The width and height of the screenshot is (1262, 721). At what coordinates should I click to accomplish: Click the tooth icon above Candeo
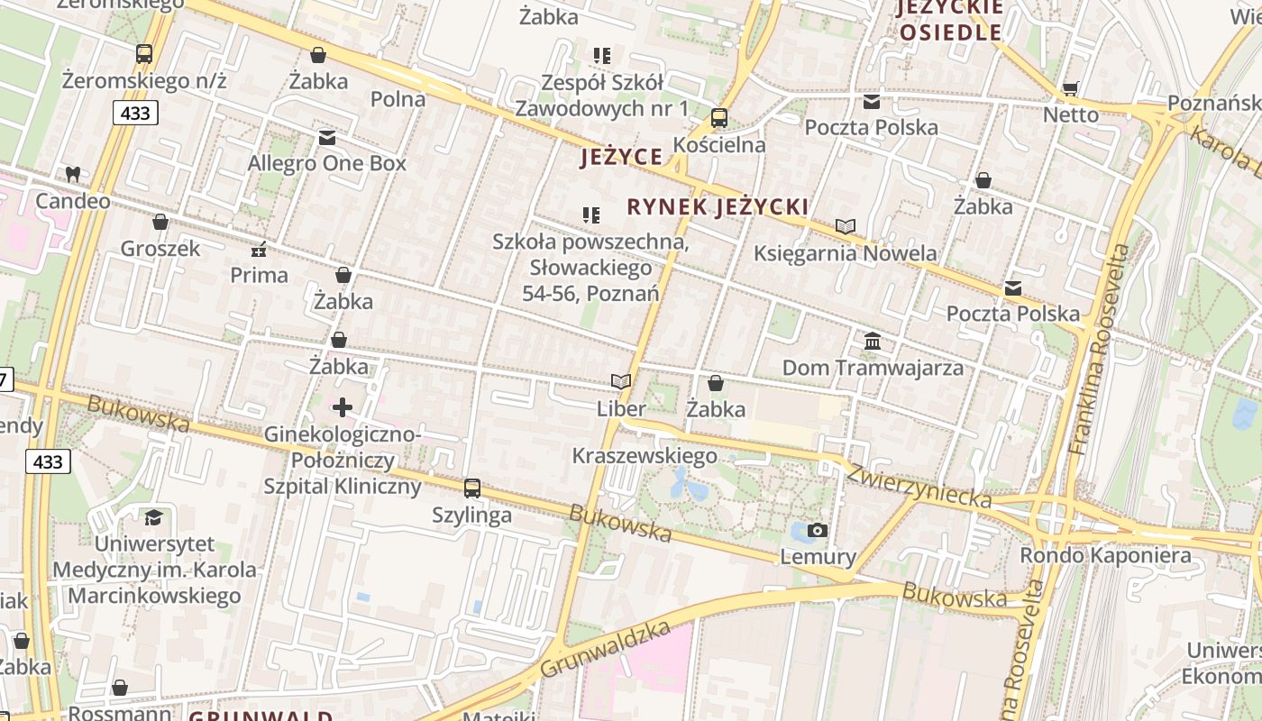[x=72, y=174]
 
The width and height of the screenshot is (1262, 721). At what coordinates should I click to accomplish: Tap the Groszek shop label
[x=160, y=248]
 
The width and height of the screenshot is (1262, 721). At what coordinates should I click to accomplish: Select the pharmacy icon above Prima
[x=259, y=249]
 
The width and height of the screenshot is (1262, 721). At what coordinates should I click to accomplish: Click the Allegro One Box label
[x=327, y=163]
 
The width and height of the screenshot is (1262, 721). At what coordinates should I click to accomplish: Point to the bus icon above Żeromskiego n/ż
[x=144, y=54]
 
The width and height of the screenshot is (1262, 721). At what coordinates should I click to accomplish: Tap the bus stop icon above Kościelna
[x=718, y=118]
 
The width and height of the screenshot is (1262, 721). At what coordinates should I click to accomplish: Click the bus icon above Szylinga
[x=472, y=488]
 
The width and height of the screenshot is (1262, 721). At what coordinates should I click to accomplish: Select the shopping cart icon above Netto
[x=1071, y=88]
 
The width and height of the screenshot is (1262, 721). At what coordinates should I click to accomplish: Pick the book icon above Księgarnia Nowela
[x=845, y=226]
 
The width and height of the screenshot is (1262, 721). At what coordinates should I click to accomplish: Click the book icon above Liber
[x=620, y=382]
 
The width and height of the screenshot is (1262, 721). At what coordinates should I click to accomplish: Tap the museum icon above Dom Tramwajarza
[x=873, y=342]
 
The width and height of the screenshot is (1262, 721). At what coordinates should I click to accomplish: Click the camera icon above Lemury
[x=818, y=530]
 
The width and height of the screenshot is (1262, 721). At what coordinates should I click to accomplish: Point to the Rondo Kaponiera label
[x=1105, y=555]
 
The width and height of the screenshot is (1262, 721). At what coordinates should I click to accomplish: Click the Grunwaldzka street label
[x=606, y=650]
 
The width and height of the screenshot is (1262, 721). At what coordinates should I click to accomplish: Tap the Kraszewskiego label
[x=645, y=455]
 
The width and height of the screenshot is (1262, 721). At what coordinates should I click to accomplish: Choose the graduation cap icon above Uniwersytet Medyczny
[x=153, y=517]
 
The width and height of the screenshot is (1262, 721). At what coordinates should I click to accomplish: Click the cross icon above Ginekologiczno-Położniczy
[x=343, y=407]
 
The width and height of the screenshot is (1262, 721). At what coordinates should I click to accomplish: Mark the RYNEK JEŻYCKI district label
[x=718, y=207]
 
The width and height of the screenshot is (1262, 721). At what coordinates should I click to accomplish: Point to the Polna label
[x=398, y=99]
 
